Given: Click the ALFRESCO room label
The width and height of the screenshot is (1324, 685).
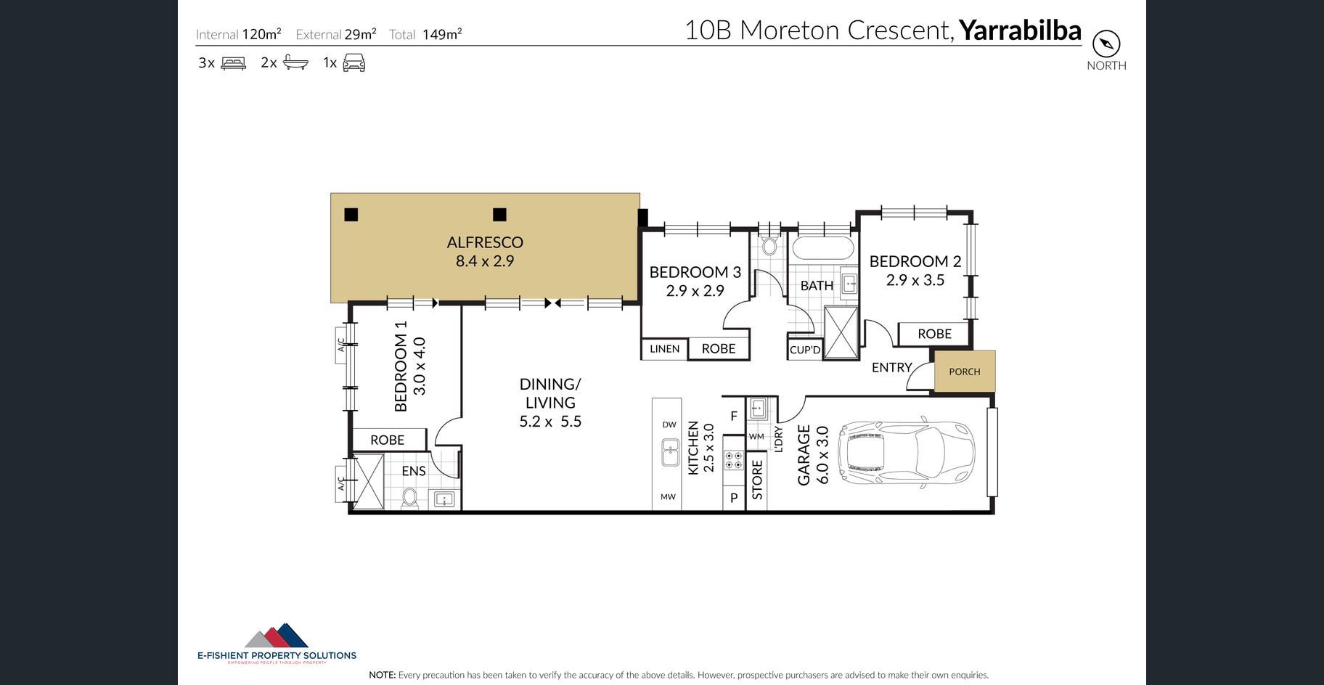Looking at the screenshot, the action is tap(485, 242).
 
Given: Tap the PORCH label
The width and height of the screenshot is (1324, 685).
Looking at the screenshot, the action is tap(965, 372).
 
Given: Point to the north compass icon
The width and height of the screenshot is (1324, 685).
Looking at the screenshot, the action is tap(1106, 44).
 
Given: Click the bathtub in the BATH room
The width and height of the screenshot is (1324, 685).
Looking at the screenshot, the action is tap(823, 248).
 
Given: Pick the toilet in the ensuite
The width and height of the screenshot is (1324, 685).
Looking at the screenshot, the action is tap(410, 498).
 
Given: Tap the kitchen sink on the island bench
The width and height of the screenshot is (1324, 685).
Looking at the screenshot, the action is tap(669, 453).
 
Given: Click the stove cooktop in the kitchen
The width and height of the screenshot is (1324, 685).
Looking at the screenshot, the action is tap(733, 460).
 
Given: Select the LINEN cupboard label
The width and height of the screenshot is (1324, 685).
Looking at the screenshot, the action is tap(665, 349).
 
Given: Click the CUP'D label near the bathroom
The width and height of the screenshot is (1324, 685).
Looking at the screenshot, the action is tap(805, 350).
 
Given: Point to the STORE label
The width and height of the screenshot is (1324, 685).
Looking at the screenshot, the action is tap(757, 480).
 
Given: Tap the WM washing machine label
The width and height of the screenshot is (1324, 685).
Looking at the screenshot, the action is tap(756, 437).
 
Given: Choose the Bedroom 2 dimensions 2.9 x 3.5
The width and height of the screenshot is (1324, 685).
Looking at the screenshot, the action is tap(915, 280).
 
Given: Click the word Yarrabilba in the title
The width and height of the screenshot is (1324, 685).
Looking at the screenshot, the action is tap(1020, 30).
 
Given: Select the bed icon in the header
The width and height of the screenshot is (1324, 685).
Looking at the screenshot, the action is tap(233, 63).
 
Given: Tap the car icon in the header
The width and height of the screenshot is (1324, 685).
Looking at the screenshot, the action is tap(354, 63).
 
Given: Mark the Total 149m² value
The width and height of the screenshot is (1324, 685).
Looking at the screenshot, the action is tap(442, 34).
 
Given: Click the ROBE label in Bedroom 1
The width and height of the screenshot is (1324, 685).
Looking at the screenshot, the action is tap(388, 440).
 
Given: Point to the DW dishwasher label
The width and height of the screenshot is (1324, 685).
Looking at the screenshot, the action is tap(669, 424).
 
